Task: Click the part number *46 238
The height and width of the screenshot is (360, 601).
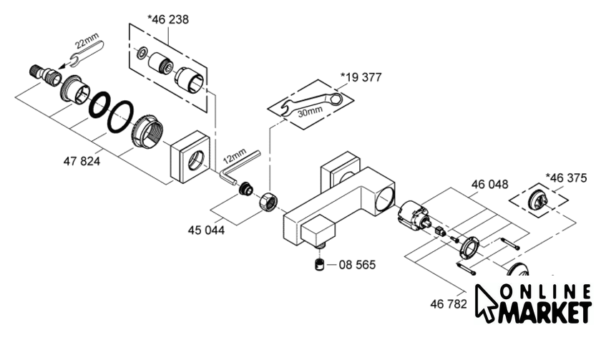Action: [x=168, y=19]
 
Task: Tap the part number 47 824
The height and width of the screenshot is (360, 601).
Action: [x=82, y=161]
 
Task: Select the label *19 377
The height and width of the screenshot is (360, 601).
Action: [x=361, y=77]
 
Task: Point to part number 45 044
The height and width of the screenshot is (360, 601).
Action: [x=206, y=230]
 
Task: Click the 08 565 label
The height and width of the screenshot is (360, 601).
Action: [x=357, y=265]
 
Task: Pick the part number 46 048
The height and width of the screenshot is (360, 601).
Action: [x=490, y=185]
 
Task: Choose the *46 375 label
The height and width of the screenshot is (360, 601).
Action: [x=566, y=178]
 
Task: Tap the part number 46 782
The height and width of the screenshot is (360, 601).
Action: [x=449, y=304]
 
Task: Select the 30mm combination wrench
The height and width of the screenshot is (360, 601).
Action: [x=311, y=102]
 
